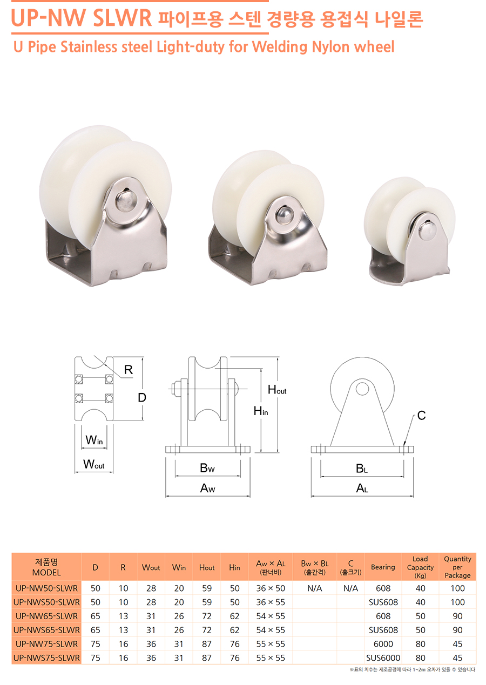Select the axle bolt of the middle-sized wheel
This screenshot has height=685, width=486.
(285, 215)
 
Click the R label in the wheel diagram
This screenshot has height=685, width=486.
(128, 370)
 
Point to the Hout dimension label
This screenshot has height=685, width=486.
(277, 390)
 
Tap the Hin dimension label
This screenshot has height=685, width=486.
(261, 411)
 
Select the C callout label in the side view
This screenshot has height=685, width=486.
(421, 415)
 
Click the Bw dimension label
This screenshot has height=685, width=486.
(207, 468)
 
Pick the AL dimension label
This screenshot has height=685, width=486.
(362, 488)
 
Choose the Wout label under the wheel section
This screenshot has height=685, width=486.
(93, 464)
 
